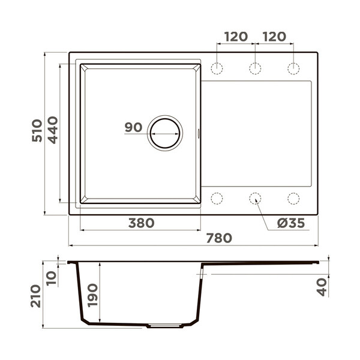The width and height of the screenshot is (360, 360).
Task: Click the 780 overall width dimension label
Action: [x=219, y=238]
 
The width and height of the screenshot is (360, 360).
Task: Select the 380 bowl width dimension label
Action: [x=141, y=223]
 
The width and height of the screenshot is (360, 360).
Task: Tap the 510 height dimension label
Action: [x=37, y=130]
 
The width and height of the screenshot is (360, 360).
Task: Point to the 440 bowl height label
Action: [x=53, y=130]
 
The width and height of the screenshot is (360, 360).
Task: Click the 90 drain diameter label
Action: [x=133, y=127]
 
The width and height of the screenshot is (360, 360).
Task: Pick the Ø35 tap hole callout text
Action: [x=291, y=223]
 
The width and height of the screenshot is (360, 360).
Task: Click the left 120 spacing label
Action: [x=236, y=37]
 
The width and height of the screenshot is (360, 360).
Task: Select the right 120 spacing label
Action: [x=274, y=37]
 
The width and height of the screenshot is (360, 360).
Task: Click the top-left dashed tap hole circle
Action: [x=217, y=62]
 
